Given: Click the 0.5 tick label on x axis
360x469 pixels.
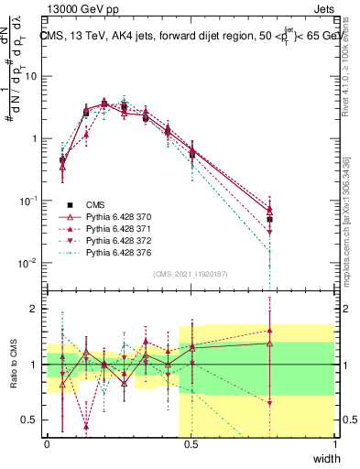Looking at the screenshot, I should (191, 444).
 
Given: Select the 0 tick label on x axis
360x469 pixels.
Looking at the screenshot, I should (48, 444).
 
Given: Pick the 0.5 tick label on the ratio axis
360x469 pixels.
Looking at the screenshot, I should (32, 420).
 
